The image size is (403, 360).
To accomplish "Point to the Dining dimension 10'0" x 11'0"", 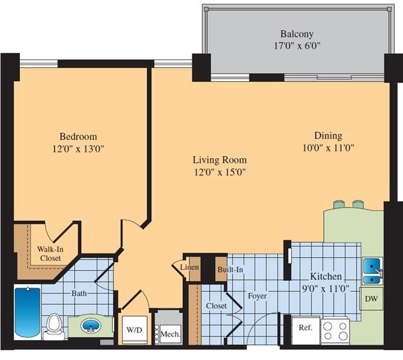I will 327,147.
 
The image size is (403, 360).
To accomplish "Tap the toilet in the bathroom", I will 53,323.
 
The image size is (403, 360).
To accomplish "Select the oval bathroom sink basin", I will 91,325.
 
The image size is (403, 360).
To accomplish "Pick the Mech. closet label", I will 170,334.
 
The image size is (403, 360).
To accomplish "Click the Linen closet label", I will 189,268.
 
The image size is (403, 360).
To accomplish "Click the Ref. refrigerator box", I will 305,327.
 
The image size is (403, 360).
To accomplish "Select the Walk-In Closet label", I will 50,253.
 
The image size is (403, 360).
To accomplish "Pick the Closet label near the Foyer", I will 216,306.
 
